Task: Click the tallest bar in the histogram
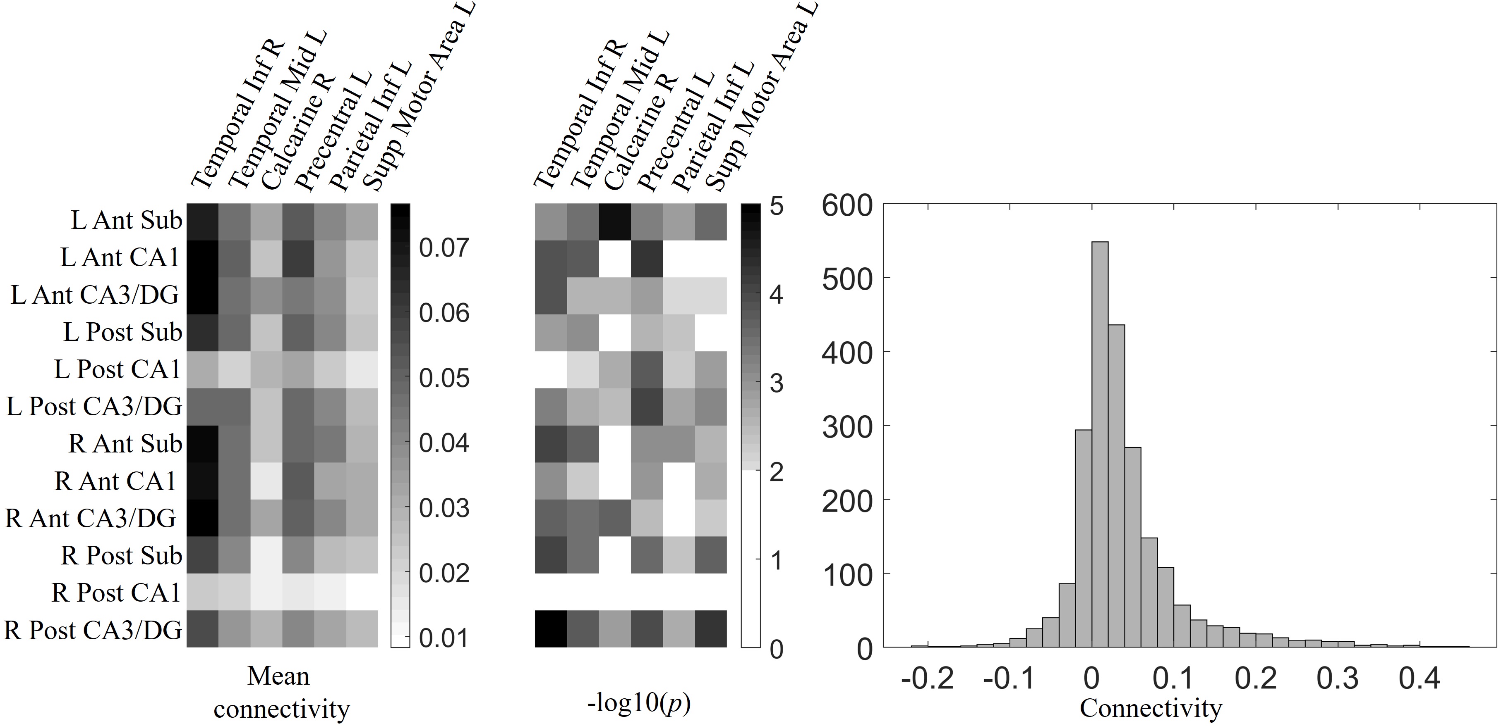coord(1100,445)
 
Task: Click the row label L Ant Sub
coord(126,220)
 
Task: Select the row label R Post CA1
coord(116,593)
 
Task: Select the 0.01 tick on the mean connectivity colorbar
coord(444,638)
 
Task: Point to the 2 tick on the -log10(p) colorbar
coord(777,472)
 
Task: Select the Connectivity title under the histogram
coord(1151,709)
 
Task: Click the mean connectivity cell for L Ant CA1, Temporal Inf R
coord(202,258)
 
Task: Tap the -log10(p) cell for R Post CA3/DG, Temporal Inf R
coord(551,629)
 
